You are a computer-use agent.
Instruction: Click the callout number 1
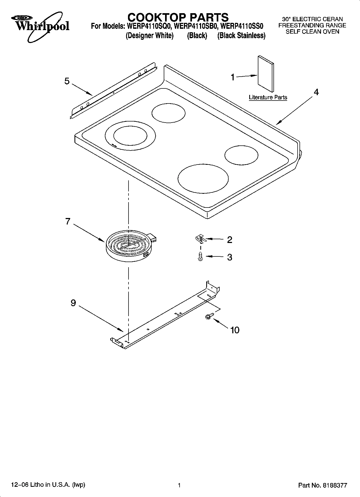point(233,78)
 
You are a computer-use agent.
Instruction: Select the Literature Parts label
point(268,97)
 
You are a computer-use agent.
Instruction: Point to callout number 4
point(316,92)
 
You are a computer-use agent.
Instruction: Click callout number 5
point(67,81)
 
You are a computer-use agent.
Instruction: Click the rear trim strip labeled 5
point(113,91)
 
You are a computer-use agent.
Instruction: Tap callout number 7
point(68,221)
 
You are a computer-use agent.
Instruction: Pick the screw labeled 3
point(200,257)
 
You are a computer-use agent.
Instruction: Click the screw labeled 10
point(209,316)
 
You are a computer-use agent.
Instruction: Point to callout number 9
point(73,303)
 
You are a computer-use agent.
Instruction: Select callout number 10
point(235,330)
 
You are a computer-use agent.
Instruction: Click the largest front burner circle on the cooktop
point(203,178)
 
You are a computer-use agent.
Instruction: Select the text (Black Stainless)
point(241,35)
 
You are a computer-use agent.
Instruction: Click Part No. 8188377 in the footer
point(323,485)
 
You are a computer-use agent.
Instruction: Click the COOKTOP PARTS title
point(178,17)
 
